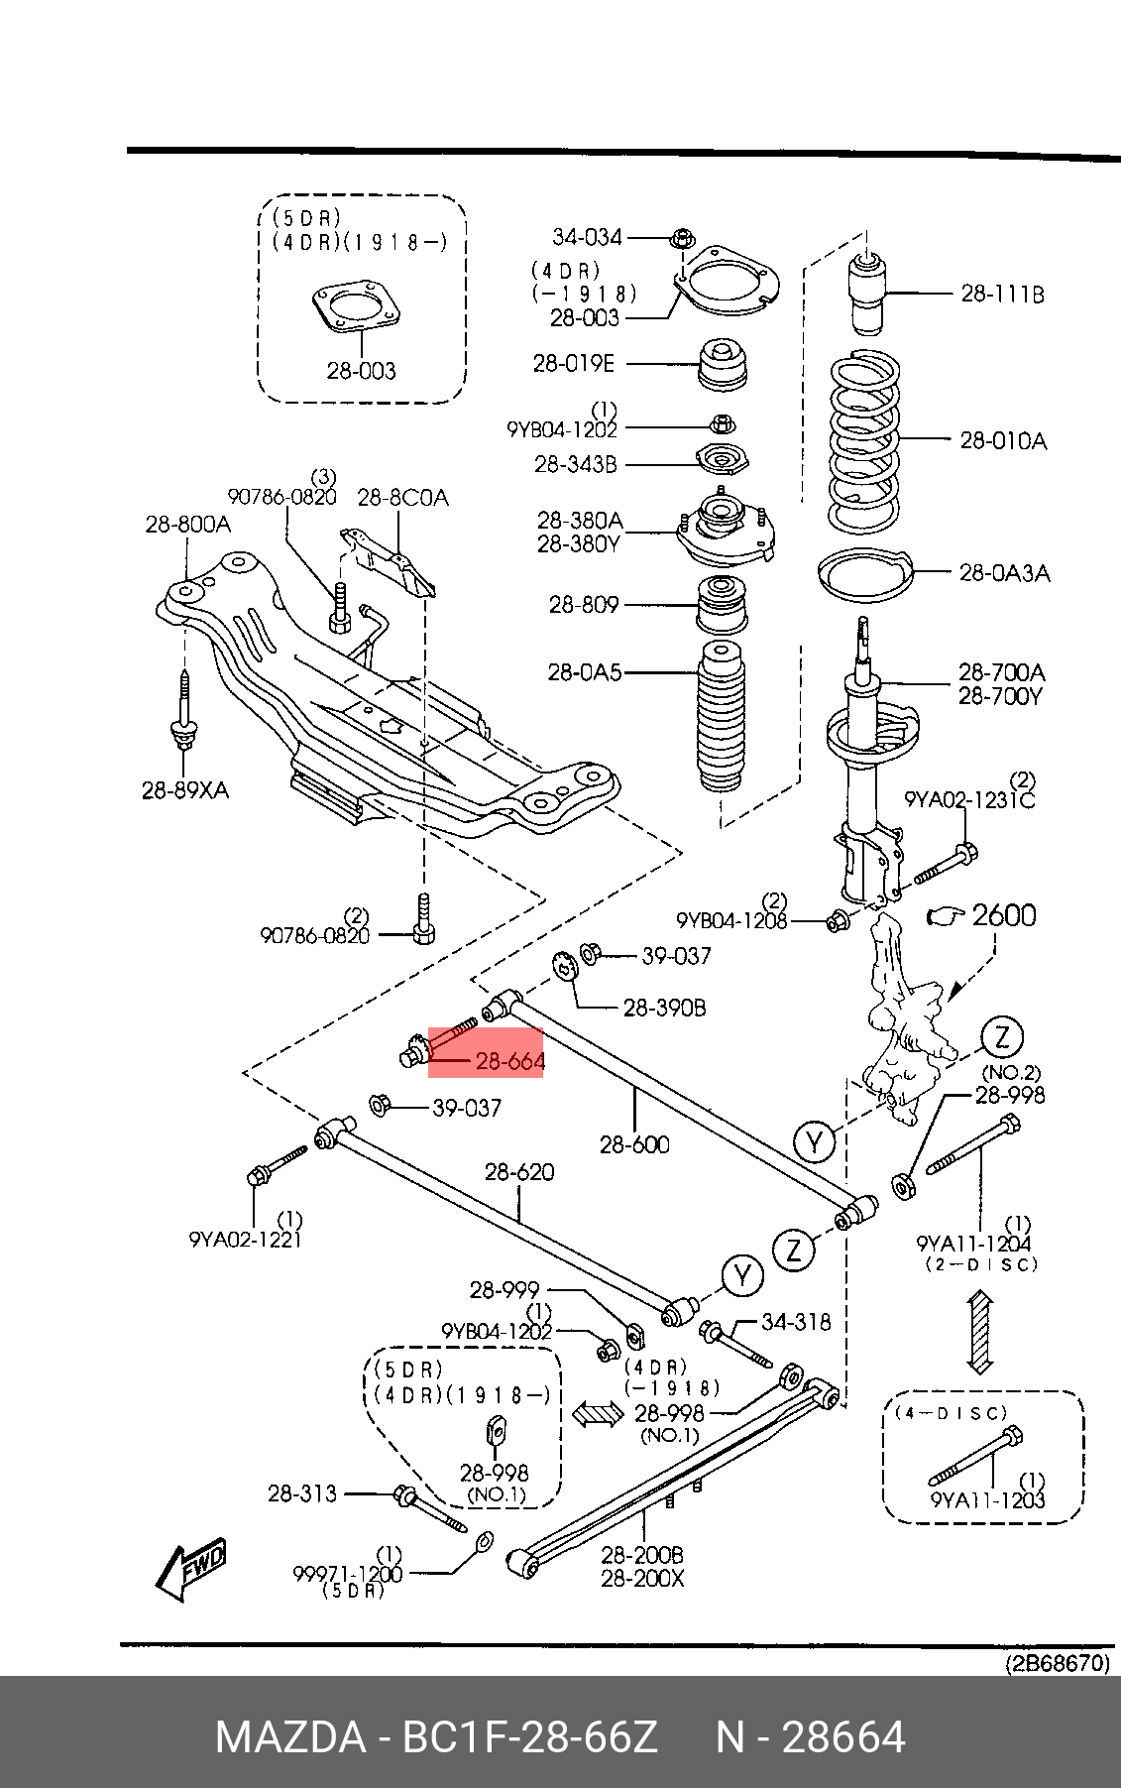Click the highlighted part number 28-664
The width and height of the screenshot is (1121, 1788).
coord(510,1062)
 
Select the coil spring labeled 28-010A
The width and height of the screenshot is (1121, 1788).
coord(864,442)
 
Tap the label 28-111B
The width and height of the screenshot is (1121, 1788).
coord(1002,294)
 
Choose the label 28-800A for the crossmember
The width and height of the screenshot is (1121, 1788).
coord(188,524)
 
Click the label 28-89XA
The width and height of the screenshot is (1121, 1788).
coord(185,790)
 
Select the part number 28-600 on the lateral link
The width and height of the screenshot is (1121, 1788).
coord(634,1144)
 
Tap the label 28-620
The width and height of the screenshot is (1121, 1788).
coord(519,1172)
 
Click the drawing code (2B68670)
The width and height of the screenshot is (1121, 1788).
coord(1058,1663)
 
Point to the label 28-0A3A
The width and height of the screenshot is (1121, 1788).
coord(1004,573)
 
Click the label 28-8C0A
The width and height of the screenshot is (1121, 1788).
coord(402,497)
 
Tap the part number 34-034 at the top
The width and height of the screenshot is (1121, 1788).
coord(587,237)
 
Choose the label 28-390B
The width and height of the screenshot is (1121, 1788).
coord(664,1008)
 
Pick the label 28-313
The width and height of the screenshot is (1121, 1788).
coord(302,1493)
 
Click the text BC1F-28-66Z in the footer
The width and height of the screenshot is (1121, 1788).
coord(528,1737)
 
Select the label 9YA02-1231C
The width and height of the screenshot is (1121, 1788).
coord(968,799)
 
